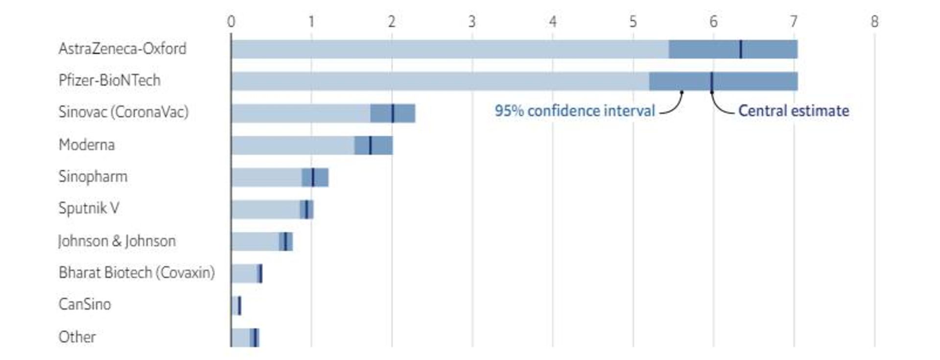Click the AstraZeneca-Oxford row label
click(122, 49)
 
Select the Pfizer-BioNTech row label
click(109, 80)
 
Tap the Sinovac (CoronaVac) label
click(123, 112)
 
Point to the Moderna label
click(87, 145)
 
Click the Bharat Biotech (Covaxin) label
click(137, 272)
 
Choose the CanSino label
click(85, 304)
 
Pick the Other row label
click(77, 337)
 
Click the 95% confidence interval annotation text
click(574, 111)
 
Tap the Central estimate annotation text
click(793, 111)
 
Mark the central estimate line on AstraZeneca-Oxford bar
click(740, 49)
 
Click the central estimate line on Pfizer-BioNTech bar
click(711, 81)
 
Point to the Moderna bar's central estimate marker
click(370, 145)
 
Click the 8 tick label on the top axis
click(874, 22)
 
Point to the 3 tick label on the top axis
click(472, 22)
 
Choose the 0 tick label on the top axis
click(231, 22)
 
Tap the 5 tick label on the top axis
click(633, 22)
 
